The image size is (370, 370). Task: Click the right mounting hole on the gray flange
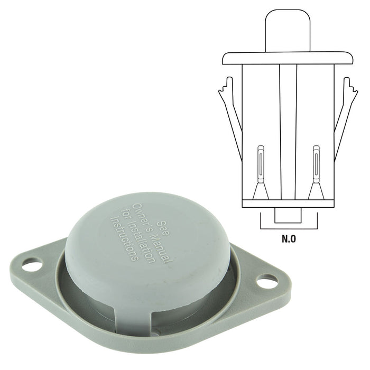pos(267,281)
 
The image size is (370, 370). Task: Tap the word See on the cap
pos(164,228)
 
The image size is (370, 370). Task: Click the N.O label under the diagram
pos(289,239)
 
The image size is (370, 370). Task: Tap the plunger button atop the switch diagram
pos(288,31)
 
